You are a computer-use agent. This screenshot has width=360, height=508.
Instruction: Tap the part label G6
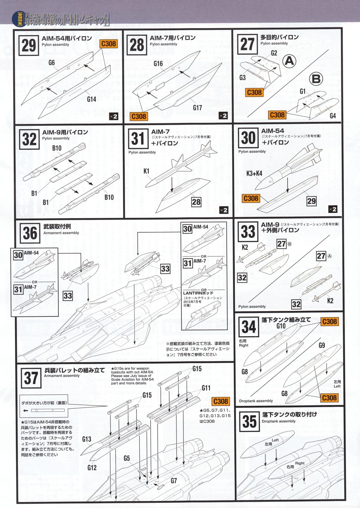(x=52, y=63)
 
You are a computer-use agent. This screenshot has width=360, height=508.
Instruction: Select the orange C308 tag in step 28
(x=139, y=116)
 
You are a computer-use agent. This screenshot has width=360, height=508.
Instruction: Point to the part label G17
(x=197, y=108)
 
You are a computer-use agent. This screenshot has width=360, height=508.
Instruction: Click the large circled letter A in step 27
(x=289, y=61)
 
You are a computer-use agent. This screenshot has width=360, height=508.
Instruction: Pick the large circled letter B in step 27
(x=316, y=79)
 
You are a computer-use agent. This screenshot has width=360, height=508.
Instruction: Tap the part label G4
(x=333, y=116)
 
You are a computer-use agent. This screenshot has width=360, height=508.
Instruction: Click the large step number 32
(x=29, y=139)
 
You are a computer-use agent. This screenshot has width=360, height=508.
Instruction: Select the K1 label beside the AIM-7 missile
(x=146, y=171)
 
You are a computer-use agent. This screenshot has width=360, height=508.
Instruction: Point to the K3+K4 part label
(x=254, y=173)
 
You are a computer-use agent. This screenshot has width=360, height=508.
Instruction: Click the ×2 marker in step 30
(x=333, y=209)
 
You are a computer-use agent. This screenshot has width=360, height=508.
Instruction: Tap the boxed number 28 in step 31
(x=196, y=202)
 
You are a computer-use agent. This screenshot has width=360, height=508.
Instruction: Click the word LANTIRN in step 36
(x=193, y=293)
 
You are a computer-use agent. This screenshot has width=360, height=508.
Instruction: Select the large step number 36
(x=30, y=233)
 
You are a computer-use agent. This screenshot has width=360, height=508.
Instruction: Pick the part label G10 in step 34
(x=281, y=326)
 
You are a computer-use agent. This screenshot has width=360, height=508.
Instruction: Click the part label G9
(x=322, y=345)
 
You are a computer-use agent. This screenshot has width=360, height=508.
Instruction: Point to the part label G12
(x=92, y=468)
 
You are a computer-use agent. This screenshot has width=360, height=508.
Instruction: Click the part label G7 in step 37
(x=174, y=481)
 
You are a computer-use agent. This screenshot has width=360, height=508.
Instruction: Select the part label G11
(x=206, y=388)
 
